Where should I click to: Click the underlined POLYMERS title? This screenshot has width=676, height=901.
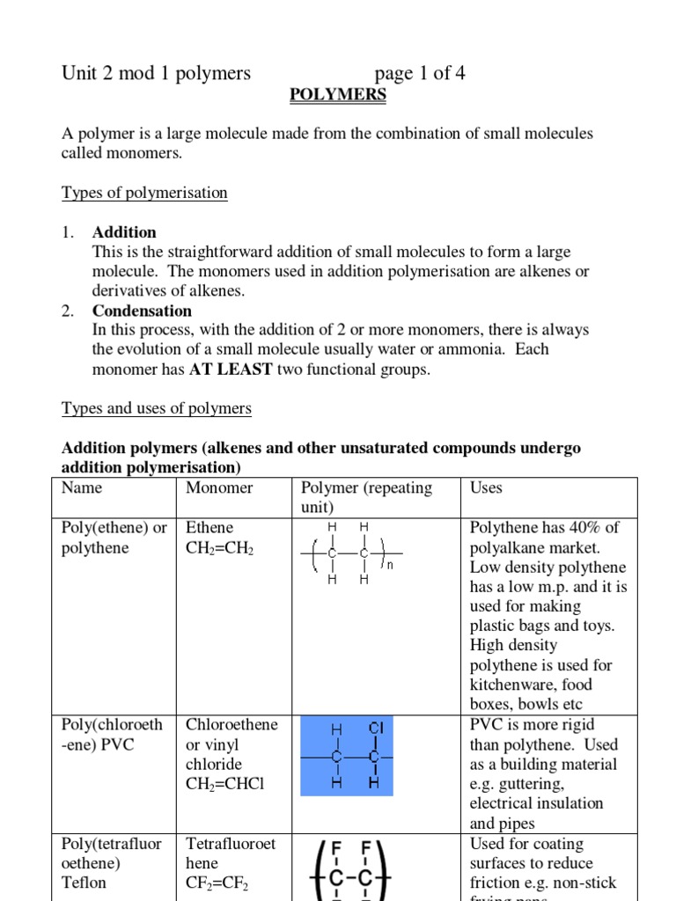(x=338, y=95)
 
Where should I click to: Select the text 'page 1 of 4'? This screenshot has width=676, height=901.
(x=420, y=73)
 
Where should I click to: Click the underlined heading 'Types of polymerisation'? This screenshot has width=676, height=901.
(x=144, y=193)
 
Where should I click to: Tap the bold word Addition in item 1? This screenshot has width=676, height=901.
(x=124, y=232)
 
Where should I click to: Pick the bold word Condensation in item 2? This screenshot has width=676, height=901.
(x=142, y=311)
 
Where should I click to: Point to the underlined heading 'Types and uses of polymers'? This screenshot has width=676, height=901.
(x=157, y=408)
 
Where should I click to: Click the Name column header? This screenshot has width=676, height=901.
(x=82, y=487)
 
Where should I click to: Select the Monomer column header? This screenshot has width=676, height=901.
(x=219, y=487)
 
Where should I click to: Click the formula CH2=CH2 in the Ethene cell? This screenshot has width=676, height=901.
(x=220, y=548)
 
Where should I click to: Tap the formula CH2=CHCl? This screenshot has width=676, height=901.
(x=225, y=784)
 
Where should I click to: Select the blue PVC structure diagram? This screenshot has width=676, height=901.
(x=346, y=756)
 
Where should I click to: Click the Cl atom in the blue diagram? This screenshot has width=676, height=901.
(x=375, y=729)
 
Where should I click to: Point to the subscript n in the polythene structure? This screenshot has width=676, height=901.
(x=390, y=566)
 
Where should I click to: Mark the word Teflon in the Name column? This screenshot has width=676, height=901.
(x=84, y=883)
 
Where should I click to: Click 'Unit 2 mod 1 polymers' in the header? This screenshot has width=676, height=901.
(x=156, y=73)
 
